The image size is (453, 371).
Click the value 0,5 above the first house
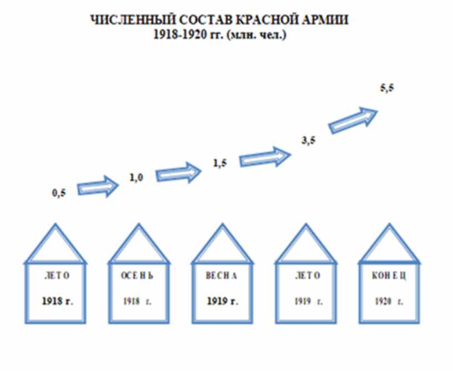click(x=58, y=193)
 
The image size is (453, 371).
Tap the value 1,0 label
click(x=137, y=177)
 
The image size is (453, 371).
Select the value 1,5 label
click(x=220, y=162)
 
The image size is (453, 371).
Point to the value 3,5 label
click(x=309, y=140)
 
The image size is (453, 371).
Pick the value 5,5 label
click(x=387, y=89)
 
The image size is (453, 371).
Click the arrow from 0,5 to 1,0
click(x=98, y=187)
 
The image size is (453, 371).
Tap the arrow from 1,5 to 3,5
click(x=265, y=156)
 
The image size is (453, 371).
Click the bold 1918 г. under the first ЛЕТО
click(x=57, y=302)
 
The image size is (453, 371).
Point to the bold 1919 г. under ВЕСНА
click(x=222, y=302)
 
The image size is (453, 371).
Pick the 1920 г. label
click(x=389, y=302)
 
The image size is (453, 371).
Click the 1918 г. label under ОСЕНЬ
click(x=137, y=302)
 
